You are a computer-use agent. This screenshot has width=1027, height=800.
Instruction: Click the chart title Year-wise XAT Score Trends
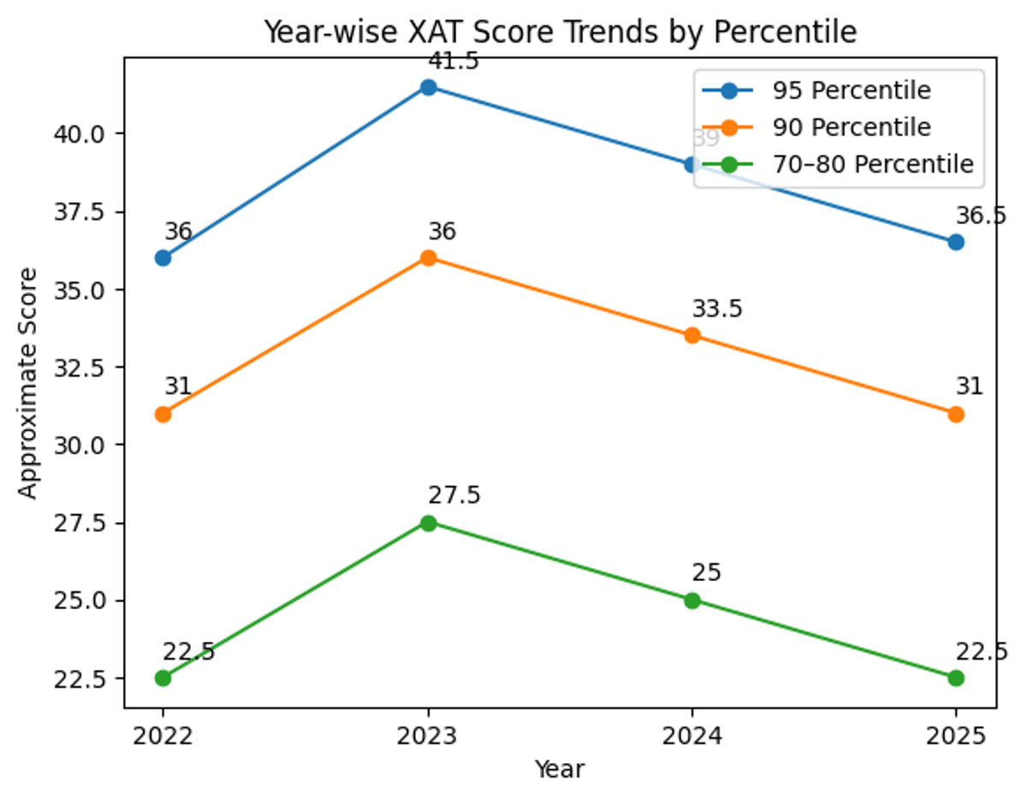tap(560, 33)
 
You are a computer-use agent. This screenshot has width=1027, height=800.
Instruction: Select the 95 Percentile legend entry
tap(851, 90)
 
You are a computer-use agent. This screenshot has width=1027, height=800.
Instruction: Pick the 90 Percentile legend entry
tap(851, 127)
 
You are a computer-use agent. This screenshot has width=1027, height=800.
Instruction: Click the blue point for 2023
tap(428, 86)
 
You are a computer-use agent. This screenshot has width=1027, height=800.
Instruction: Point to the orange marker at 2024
tap(692, 335)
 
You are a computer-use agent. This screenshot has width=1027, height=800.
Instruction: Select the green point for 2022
tap(163, 678)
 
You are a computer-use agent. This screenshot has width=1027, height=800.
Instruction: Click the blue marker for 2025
tap(956, 242)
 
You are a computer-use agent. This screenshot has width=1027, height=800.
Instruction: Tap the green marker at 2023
tap(428, 523)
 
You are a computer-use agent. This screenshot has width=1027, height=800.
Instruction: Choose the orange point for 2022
tap(163, 414)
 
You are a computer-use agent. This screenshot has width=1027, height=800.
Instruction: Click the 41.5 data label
tap(454, 62)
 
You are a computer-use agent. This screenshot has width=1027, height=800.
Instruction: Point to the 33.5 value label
tap(717, 310)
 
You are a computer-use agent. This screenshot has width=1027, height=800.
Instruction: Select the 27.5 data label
tap(454, 496)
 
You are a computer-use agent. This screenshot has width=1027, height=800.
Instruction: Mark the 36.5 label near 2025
tap(981, 216)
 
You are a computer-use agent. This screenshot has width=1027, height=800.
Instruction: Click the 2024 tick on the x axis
tap(692, 737)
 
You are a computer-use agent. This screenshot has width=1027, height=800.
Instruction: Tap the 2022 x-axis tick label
tap(163, 737)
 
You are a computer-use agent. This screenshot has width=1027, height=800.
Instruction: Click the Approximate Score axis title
tap(28, 382)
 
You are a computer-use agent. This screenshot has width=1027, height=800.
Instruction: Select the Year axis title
tap(559, 769)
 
